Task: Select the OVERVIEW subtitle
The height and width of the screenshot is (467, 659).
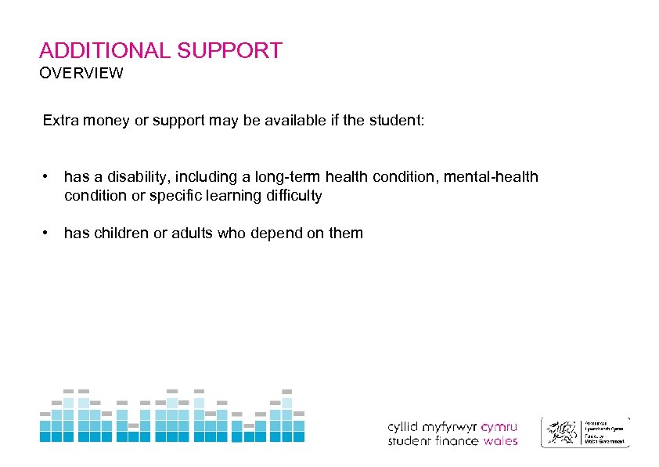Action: tap(81, 74)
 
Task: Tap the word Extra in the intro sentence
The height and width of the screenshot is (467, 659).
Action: tap(59, 121)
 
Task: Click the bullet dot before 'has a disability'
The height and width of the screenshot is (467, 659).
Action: tap(48, 176)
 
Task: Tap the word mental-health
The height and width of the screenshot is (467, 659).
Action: tap(492, 177)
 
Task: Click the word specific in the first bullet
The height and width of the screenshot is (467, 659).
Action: tap(172, 196)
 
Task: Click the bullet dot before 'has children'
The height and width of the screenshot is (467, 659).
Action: tap(48, 233)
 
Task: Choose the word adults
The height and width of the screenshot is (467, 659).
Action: tap(188, 233)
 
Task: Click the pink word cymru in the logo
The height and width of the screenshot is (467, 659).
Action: tap(499, 428)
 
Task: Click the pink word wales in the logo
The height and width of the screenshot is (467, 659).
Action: tap(500, 441)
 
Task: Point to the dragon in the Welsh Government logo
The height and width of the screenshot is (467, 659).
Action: tap(562, 432)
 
